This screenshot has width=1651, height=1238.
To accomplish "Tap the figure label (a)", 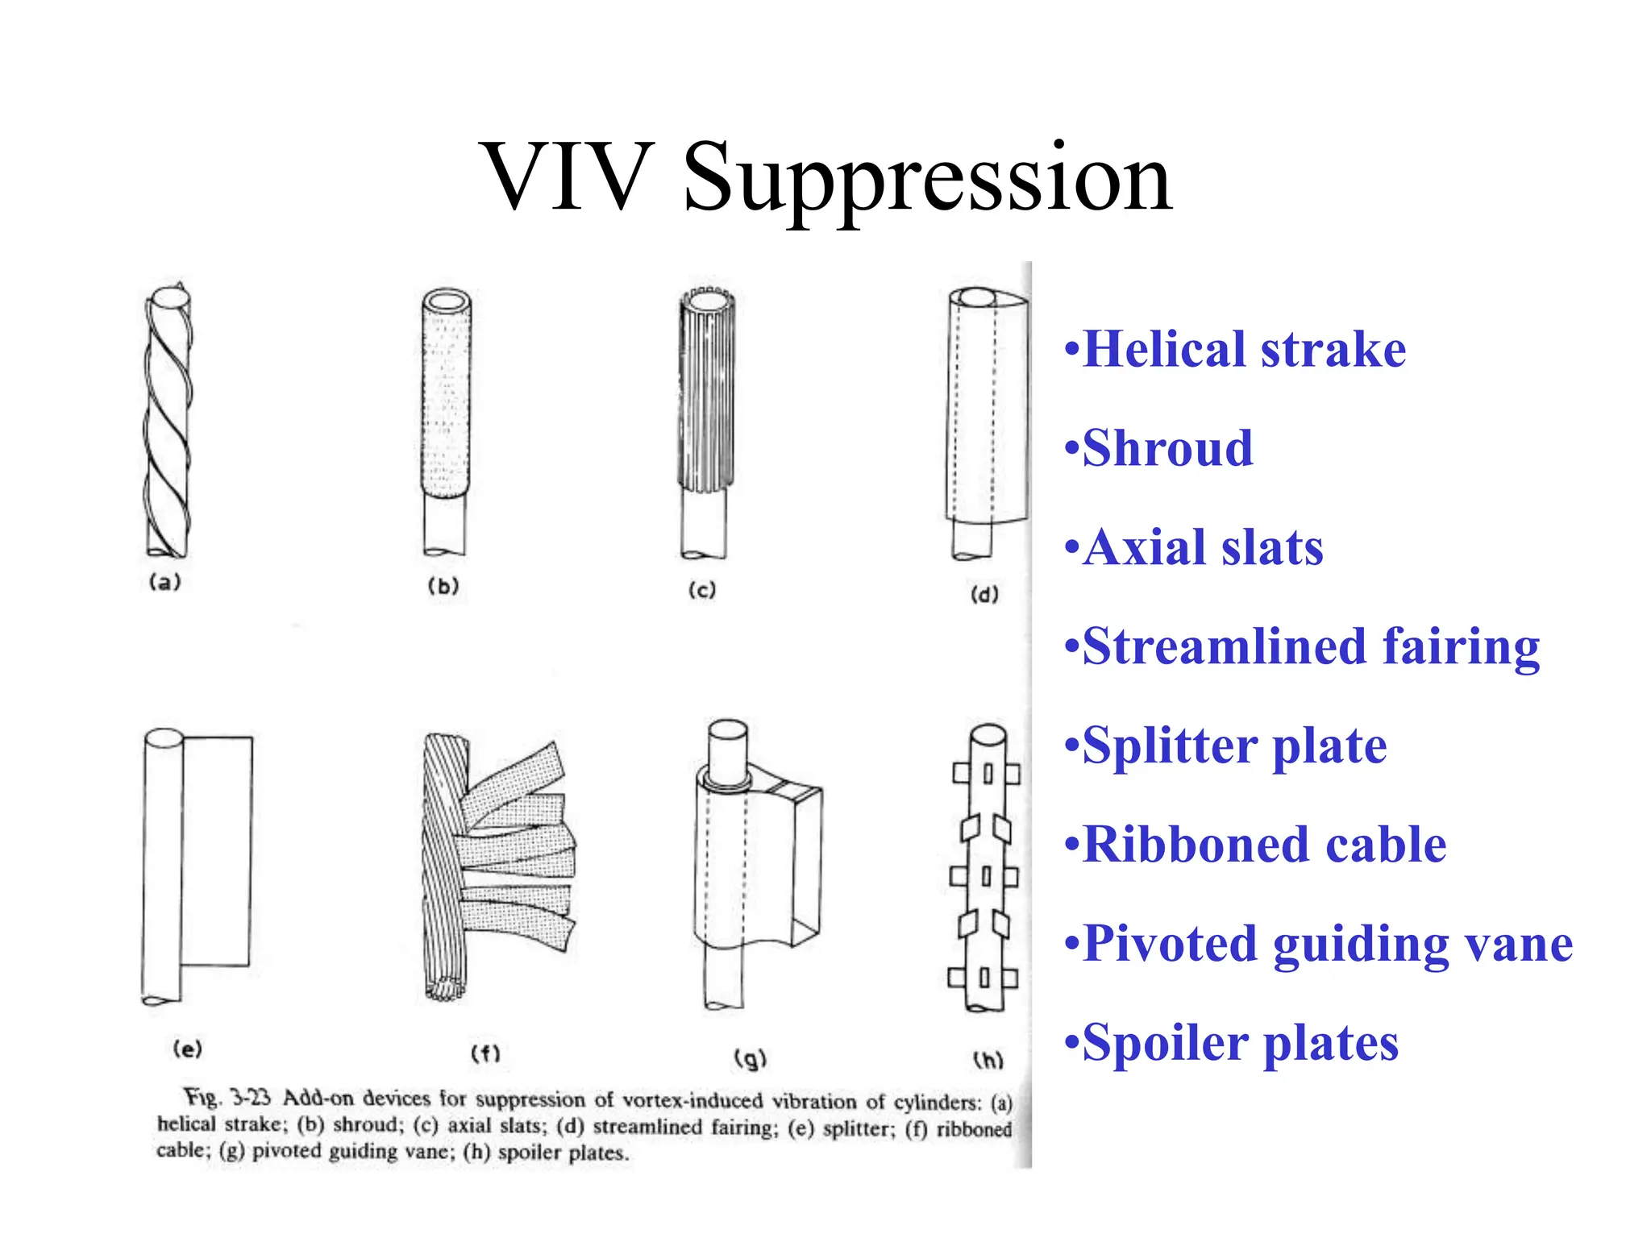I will (x=165, y=582).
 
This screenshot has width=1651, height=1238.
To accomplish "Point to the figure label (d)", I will (x=984, y=595).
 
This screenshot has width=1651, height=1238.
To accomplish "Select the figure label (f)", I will (x=485, y=1053).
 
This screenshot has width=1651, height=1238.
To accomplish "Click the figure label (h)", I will (x=988, y=1059).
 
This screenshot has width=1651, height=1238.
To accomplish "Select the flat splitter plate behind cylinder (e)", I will (x=216, y=850).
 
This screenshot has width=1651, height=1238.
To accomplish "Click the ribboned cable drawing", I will (x=492, y=862).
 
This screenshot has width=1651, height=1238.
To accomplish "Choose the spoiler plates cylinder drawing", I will (x=984, y=866).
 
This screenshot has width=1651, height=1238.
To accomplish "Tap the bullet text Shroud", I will (x=1167, y=448).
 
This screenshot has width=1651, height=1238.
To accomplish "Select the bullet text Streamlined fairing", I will (x=1311, y=646).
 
